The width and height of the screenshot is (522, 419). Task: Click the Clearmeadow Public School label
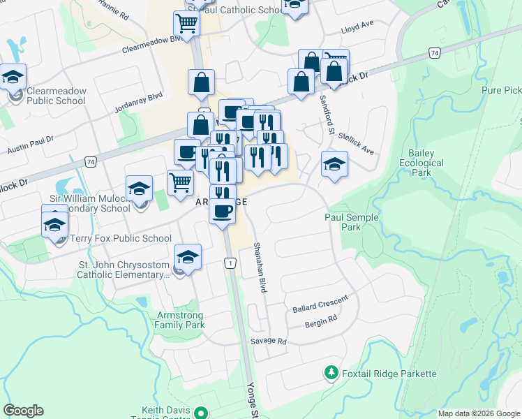(56, 96)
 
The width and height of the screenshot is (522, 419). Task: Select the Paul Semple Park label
(352, 222)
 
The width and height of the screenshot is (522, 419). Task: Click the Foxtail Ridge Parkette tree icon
(331, 374)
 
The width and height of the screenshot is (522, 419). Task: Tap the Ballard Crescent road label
(320, 305)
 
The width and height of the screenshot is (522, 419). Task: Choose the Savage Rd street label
(269, 341)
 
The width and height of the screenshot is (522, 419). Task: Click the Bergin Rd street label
(321, 323)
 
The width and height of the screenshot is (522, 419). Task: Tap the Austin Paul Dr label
(31, 147)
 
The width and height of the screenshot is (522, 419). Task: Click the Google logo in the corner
(23, 411)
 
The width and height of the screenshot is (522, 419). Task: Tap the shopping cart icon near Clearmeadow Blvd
(187, 24)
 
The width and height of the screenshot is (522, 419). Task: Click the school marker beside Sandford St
(334, 166)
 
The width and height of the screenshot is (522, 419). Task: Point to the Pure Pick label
(502, 91)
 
